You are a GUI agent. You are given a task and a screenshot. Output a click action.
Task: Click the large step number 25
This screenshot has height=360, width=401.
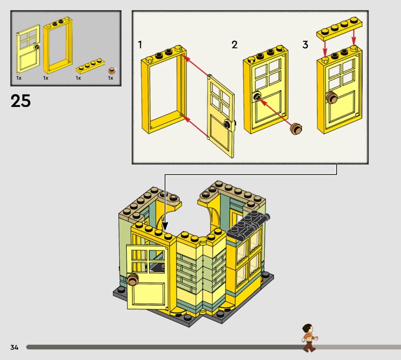[x=21, y=101]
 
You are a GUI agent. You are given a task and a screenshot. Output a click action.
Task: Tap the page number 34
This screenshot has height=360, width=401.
[x=15, y=347]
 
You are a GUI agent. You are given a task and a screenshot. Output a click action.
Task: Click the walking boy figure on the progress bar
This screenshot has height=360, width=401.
[x=309, y=338]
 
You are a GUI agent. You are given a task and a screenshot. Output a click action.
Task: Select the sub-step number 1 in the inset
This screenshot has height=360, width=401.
[x=140, y=45]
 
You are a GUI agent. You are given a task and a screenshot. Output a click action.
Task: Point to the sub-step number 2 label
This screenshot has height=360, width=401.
[x=235, y=45]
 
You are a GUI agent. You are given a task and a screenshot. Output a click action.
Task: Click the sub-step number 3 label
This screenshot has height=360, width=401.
[x=305, y=45]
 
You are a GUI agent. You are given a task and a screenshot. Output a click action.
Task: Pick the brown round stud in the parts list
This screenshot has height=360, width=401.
[x=112, y=70]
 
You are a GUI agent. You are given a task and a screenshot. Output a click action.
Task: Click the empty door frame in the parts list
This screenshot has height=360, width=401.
[x=58, y=46]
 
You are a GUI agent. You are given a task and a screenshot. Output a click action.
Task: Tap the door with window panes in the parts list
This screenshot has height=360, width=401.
[x=28, y=49]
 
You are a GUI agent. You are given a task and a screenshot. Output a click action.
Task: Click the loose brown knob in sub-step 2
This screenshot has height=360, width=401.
[x=296, y=129]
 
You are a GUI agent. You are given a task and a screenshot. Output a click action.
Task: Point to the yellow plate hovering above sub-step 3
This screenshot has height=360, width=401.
[x=339, y=28]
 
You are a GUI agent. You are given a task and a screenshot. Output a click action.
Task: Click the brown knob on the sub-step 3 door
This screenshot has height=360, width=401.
[x=332, y=97]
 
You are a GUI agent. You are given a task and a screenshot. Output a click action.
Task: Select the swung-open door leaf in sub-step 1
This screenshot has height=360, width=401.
[x=221, y=116]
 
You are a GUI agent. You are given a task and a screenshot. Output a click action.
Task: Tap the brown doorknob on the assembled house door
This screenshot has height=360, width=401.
[x=133, y=279]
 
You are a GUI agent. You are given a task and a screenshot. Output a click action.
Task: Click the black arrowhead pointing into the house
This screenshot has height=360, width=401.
[x=165, y=226]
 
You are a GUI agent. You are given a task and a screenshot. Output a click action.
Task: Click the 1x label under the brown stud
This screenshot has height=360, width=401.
[x=110, y=78]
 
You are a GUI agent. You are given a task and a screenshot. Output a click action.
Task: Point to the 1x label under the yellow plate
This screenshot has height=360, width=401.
[x=78, y=78]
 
